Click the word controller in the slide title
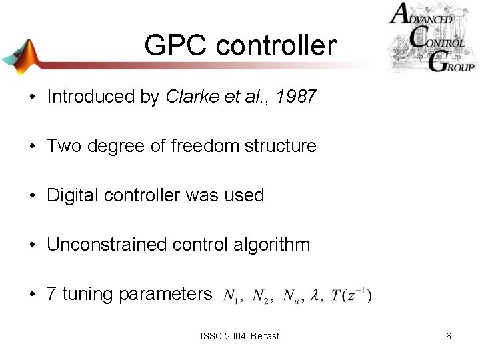pyautogui.click(x=277, y=46)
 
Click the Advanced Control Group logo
pyautogui.click(x=431, y=37)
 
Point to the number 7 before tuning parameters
pyautogui.click(x=51, y=294)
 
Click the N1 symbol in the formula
pyautogui.click(x=232, y=296)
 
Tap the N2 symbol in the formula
pyautogui.click(x=261, y=296)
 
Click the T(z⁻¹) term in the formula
pyautogui.click(x=351, y=295)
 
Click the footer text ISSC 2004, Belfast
pyautogui.click(x=240, y=336)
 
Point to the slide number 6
pyautogui.click(x=449, y=336)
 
